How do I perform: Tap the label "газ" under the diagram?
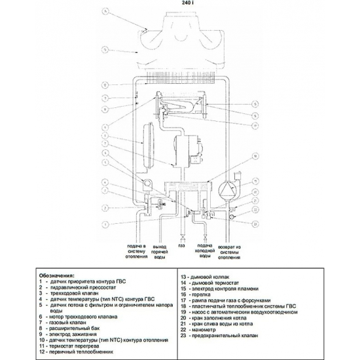tap(181, 248)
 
